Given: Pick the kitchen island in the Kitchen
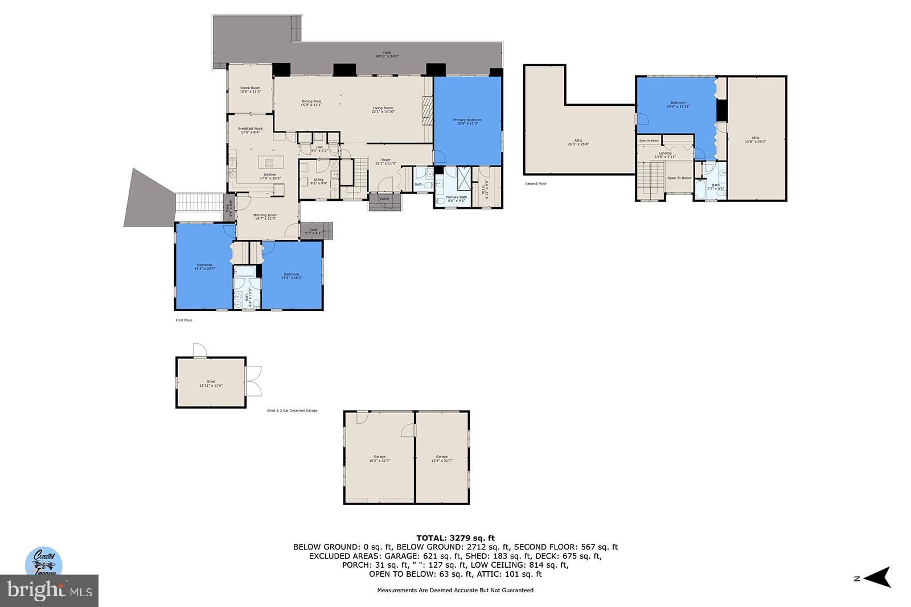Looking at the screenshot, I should point(269,162).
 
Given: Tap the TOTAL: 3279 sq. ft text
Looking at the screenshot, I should point(455,538).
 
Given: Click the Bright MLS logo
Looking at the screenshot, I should point(50,591).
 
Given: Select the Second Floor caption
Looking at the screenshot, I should point(535,184).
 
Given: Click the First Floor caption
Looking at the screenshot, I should point(184,320).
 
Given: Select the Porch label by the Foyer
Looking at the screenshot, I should point(384,199).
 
